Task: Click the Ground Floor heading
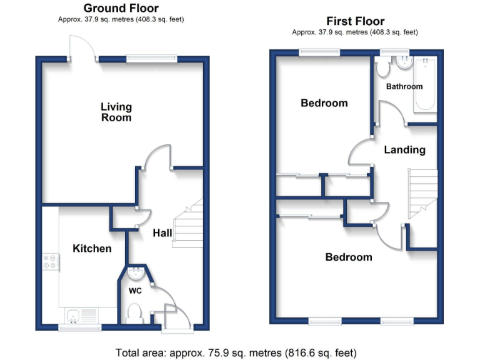121,8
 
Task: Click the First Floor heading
355,21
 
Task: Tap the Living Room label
116,112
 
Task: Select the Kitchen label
92,249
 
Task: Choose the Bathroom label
404,86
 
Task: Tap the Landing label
404,150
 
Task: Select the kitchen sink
80,316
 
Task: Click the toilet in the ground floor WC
134,312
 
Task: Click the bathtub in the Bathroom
426,84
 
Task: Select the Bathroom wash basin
403,62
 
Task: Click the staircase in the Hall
189,225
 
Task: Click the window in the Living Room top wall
152,59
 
